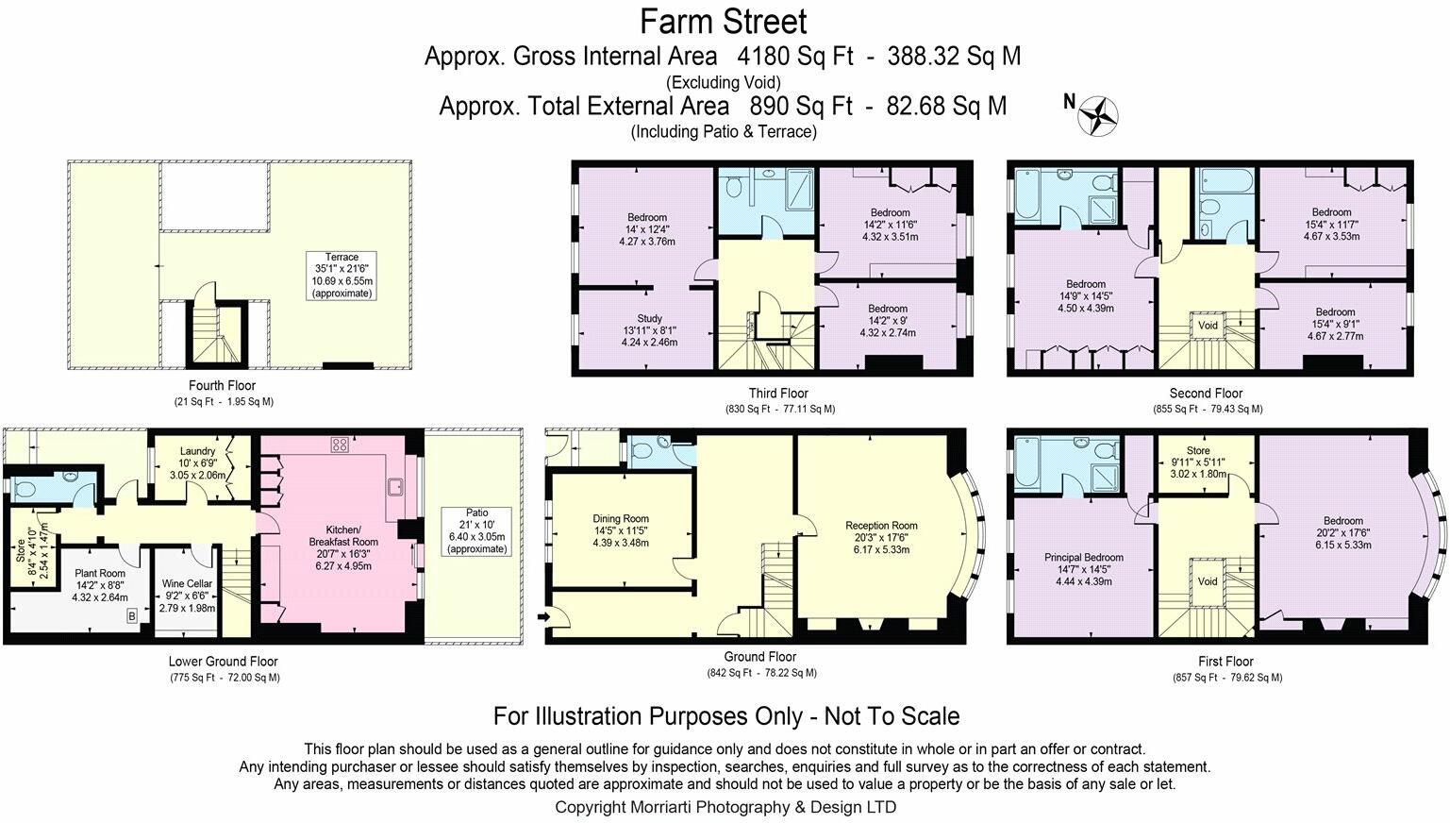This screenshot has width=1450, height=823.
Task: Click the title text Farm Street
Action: [x=724, y=21]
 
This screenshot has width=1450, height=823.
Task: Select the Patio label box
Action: [x=475, y=530]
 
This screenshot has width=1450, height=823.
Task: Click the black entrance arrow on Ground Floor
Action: [x=543, y=617]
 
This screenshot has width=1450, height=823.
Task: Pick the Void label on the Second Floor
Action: [x=1208, y=326]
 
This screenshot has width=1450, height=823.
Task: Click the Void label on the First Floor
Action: [x=1208, y=581]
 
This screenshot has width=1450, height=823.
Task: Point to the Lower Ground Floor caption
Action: [x=224, y=662]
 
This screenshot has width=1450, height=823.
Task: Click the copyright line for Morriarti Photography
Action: [x=725, y=807]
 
